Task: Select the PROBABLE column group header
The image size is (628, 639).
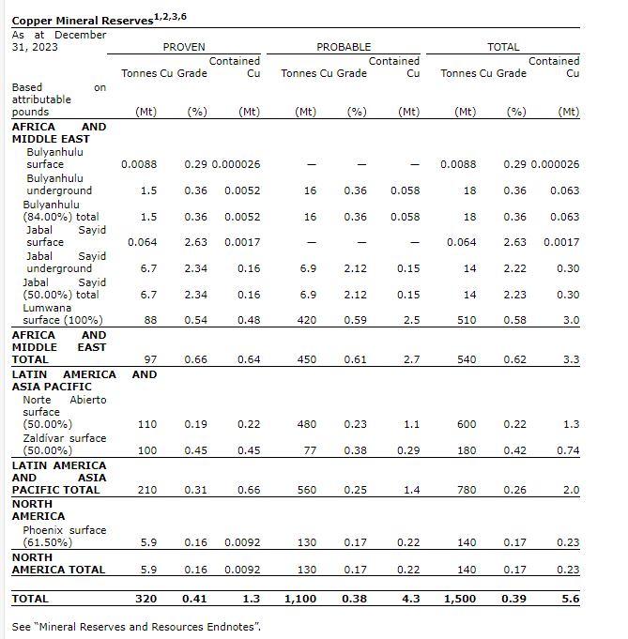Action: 344,47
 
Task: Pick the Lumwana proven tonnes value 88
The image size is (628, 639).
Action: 148,320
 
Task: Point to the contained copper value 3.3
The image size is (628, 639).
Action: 570,359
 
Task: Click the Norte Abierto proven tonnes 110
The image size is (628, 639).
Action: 146,424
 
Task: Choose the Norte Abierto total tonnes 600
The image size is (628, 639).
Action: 465,424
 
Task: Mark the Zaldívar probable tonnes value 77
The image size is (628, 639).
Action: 309,450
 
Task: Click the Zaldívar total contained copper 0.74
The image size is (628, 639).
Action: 566,450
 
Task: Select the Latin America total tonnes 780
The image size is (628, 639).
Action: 465,490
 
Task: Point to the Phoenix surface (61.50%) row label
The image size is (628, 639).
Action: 64,536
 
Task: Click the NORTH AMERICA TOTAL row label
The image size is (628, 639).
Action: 58,563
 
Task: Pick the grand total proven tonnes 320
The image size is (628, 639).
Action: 146,598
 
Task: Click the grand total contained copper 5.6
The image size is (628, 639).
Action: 570,598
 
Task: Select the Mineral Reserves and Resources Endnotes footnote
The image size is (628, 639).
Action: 136,626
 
